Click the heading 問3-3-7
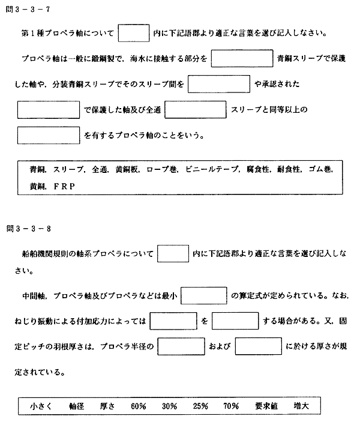[x=28, y=10]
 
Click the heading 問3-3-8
[x=29, y=229]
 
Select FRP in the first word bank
[x=64, y=186]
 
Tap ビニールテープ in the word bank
[x=212, y=169]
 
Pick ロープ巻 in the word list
[x=161, y=169]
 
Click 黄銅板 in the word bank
[x=127, y=169]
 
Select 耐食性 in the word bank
[x=289, y=169]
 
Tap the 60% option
[x=139, y=406]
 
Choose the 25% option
[x=200, y=406]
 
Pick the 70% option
[x=231, y=406]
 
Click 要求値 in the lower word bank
[x=266, y=406]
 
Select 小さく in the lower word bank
[x=41, y=406]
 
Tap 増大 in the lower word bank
[x=301, y=406]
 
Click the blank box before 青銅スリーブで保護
[x=242, y=58]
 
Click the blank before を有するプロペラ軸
[x=49, y=135]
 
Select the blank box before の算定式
[x=203, y=295]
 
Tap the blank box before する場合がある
[x=235, y=321]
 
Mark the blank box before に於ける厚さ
[x=258, y=346]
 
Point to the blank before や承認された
[x=219, y=84]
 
